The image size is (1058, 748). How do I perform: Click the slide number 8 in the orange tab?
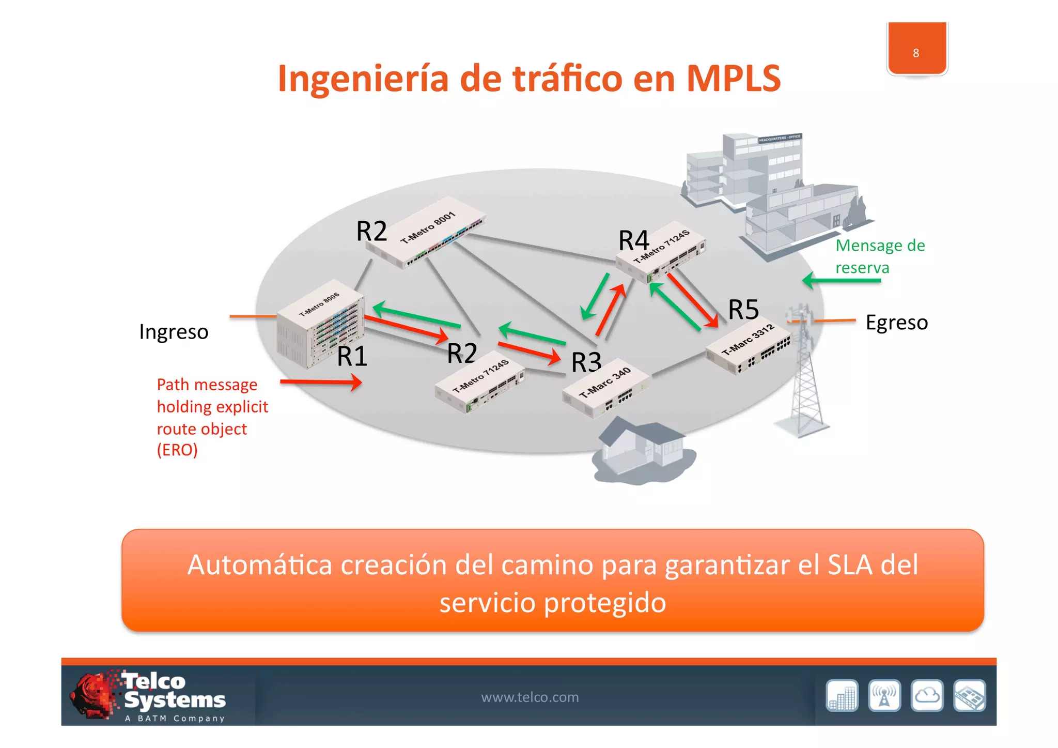916,53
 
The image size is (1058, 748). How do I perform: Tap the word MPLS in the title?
733,79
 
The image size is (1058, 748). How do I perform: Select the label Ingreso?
174,332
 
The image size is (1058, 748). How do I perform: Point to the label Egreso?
896,322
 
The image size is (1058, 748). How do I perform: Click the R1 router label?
352,356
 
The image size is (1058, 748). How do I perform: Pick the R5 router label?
743,310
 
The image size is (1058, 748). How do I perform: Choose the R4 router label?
633,240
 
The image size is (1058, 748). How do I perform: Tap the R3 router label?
586,362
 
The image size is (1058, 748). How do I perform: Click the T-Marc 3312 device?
749,346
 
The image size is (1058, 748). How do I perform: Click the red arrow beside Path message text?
321,382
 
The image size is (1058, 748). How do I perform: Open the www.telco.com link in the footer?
530,697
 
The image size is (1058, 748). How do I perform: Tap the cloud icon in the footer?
927,696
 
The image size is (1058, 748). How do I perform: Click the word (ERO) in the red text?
177,450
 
